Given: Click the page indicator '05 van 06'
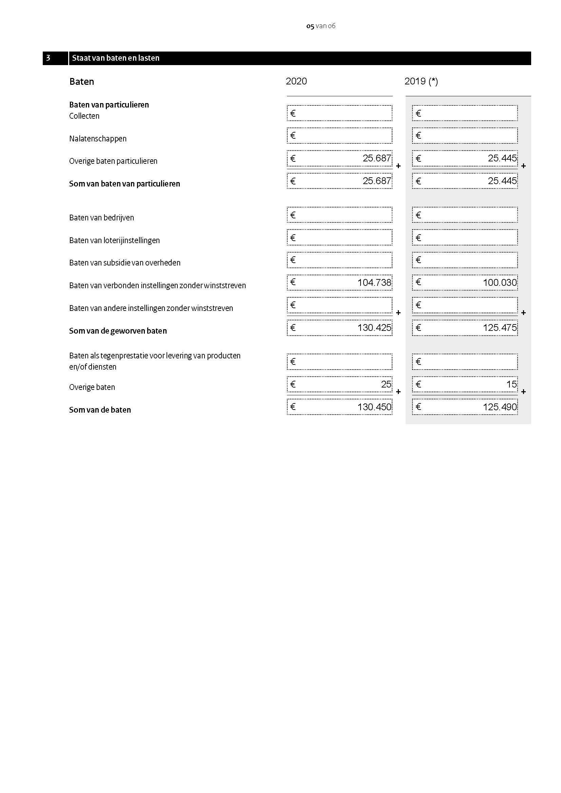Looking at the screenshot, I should click(x=321, y=26).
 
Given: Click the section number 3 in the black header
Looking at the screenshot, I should click(x=49, y=58).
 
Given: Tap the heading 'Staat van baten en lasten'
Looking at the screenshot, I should click(x=116, y=58).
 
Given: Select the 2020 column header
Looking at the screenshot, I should click(x=296, y=81).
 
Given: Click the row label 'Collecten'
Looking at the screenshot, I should click(x=84, y=116).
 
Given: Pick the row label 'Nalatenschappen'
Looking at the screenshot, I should click(x=98, y=139).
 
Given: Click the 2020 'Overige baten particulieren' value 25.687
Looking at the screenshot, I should click(x=376, y=158).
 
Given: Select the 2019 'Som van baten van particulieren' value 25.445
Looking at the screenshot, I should click(x=502, y=181).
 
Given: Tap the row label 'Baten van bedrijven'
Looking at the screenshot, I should click(x=101, y=218).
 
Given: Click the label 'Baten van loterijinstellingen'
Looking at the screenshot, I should click(x=114, y=240).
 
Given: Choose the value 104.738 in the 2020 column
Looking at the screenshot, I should click(x=374, y=282).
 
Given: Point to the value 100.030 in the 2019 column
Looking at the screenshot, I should click(x=500, y=282).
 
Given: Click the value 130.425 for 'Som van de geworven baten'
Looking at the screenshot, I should click(x=374, y=328).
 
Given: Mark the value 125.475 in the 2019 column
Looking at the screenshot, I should click(x=500, y=328).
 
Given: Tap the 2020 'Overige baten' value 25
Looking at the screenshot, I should click(x=386, y=384).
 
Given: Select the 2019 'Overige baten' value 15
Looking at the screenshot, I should click(x=511, y=384).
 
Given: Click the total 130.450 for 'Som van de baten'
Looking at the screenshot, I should click(x=374, y=407).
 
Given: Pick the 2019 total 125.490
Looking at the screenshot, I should click(x=500, y=407).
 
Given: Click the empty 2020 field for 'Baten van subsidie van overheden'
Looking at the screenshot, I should click(x=340, y=260).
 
